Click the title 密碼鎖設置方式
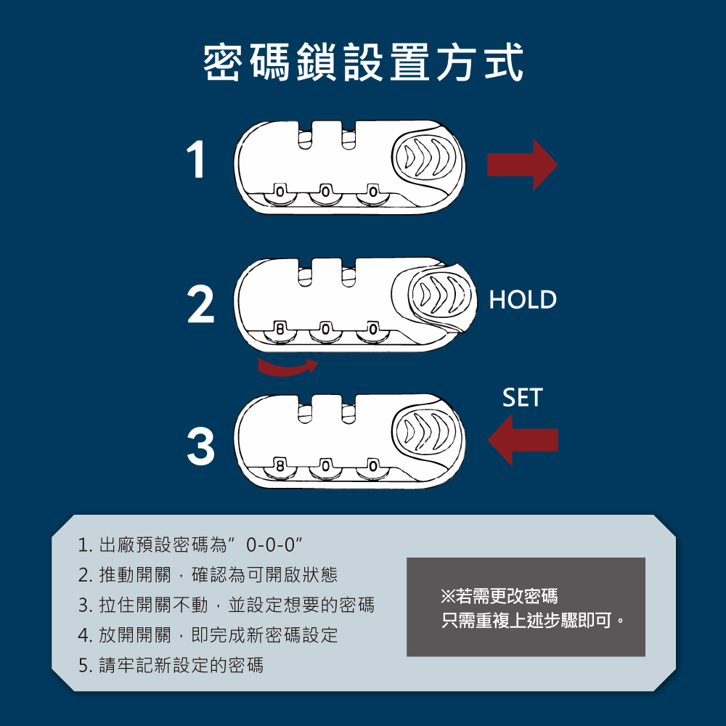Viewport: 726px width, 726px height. click(363, 63)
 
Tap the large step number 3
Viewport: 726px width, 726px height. click(200, 446)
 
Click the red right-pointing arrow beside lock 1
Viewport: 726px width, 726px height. click(522, 165)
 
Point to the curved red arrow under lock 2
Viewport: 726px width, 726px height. click(287, 367)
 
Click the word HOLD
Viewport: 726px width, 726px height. click(523, 299)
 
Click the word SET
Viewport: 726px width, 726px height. click(522, 398)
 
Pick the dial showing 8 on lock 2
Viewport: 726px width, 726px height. click(279, 330)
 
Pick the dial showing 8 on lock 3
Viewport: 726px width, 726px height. click(279, 465)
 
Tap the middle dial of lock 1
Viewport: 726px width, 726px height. click(325, 192)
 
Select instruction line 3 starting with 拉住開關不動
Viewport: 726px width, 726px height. click(227, 605)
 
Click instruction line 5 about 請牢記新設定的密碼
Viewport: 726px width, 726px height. click(171, 664)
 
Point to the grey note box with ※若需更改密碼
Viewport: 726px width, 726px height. click(526, 608)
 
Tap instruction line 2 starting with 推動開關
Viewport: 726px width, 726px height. click(208, 575)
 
